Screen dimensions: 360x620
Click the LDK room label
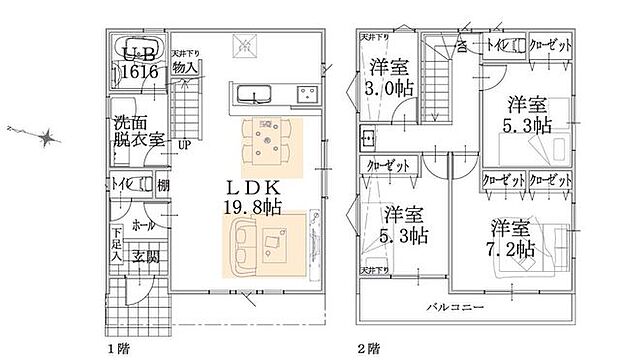[x=250, y=188]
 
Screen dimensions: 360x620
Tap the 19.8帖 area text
[x=252, y=206]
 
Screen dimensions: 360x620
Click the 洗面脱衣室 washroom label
[x=138, y=132]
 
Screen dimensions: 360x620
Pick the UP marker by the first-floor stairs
[x=184, y=144]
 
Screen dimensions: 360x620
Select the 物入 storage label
[x=184, y=67]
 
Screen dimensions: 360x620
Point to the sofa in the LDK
[x=240, y=248]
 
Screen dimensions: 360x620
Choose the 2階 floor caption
[x=367, y=349]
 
